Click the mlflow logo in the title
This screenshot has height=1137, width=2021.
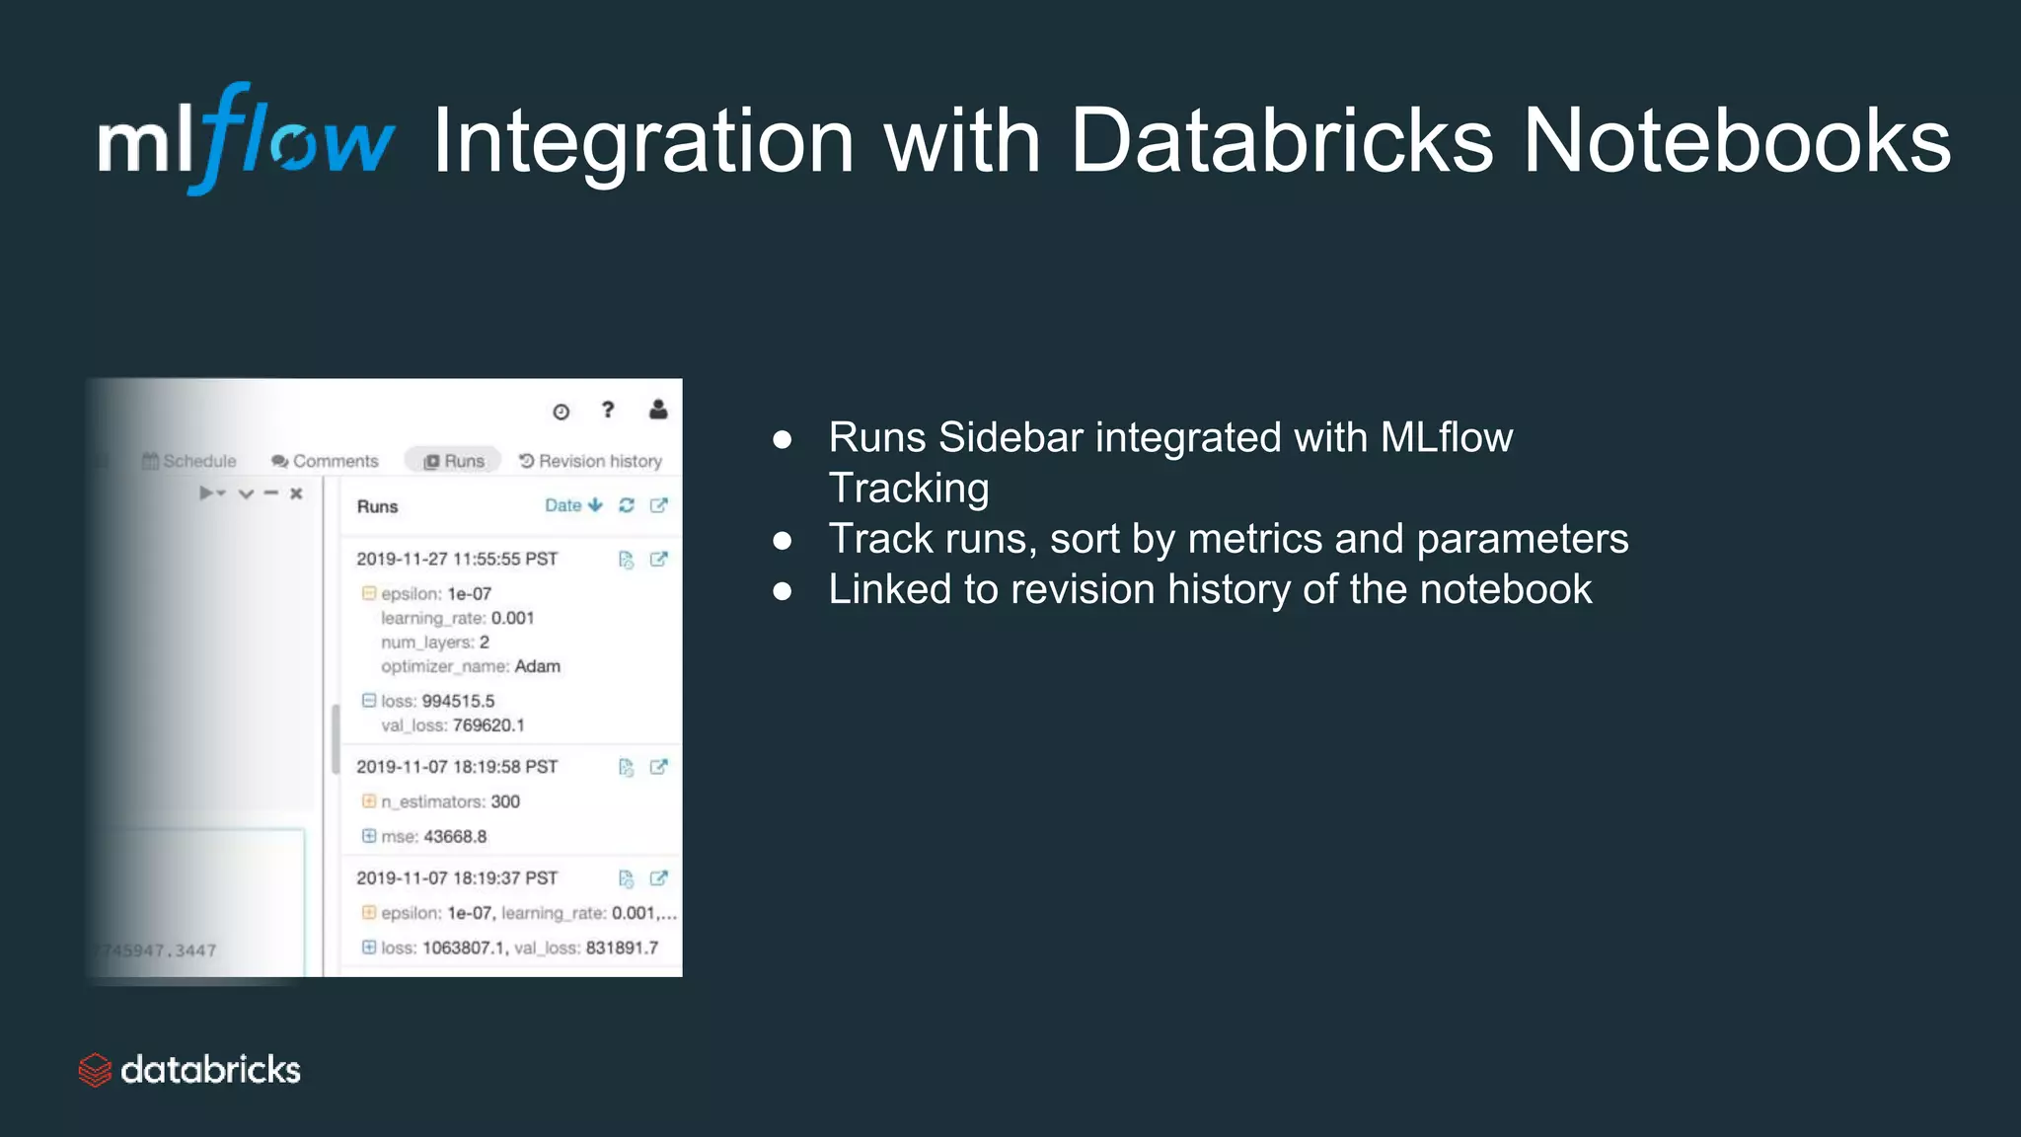coord(245,140)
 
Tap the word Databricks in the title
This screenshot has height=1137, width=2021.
coord(1281,141)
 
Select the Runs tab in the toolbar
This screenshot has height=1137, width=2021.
coord(454,461)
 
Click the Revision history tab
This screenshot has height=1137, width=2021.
coord(591,461)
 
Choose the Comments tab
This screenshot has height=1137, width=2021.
coord(325,461)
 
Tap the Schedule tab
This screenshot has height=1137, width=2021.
coord(189,461)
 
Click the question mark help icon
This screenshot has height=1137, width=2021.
coord(608,410)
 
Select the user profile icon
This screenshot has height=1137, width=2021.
coord(658,410)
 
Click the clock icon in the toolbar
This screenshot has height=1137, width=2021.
coord(561,412)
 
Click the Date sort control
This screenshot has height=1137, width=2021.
coord(572,505)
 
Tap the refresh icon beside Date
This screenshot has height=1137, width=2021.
coord(627,505)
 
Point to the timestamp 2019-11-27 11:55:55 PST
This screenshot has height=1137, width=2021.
coord(457,559)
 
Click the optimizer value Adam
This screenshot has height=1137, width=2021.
coord(538,666)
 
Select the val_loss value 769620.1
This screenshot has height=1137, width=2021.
coord(488,725)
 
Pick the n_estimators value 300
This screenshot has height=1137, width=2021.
coord(505,801)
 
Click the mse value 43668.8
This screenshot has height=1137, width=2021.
coord(455,836)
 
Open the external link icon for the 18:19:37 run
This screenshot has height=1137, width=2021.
coord(658,878)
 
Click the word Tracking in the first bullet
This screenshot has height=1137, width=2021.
coord(908,489)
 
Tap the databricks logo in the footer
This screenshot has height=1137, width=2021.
coord(189,1070)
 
